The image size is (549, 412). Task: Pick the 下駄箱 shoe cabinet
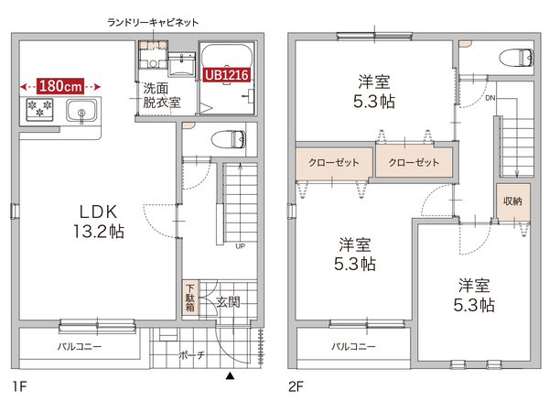tap(189, 298)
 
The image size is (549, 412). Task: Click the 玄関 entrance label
tap(227, 301)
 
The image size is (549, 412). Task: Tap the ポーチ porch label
tap(191, 354)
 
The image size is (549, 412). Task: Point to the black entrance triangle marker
tap(231, 374)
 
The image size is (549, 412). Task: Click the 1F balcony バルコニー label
tap(80, 347)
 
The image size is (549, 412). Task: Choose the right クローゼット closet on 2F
tap(414, 162)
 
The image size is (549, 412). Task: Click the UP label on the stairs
tap(240, 246)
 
